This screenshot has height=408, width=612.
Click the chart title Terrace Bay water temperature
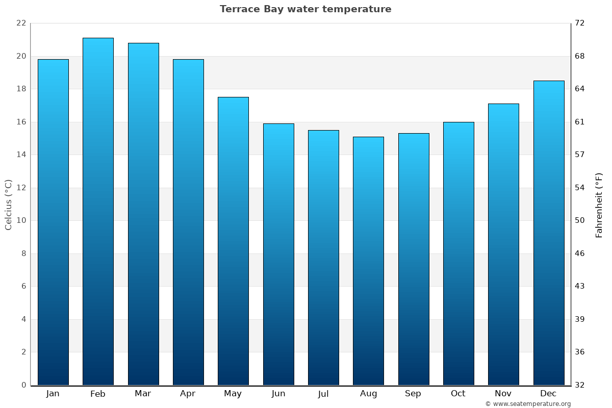click(305, 9)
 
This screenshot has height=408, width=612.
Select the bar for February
click(98, 212)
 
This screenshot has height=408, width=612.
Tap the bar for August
click(368, 261)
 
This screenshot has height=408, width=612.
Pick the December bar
click(549, 233)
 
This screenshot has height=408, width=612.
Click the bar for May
click(233, 241)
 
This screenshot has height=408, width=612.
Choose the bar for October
click(458, 253)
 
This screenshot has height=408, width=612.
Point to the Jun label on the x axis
click(278, 394)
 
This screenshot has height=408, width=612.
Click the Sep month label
click(413, 394)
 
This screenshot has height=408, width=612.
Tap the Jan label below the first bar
click(53, 394)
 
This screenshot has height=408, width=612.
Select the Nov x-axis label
click(503, 394)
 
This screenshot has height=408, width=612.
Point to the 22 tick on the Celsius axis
click(21, 23)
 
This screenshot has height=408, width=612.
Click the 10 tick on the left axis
click(21, 221)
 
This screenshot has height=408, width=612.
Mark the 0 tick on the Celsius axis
click(23, 385)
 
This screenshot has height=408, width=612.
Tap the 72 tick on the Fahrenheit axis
click(580, 23)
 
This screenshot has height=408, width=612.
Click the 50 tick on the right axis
click(580, 221)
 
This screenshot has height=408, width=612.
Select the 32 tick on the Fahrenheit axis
click(580, 385)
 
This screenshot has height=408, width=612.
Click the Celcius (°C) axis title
click(8, 205)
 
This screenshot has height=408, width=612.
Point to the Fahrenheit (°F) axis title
click(599, 205)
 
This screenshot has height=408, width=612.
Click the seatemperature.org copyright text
click(528, 404)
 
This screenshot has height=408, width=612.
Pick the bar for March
click(143, 214)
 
